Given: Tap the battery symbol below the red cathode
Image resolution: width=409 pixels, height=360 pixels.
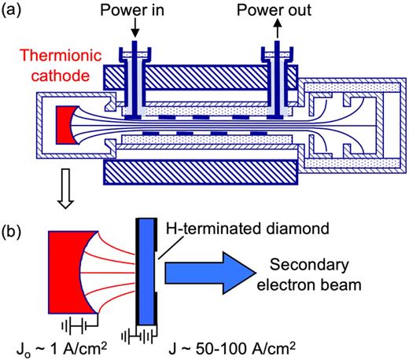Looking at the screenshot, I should (x=76, y=322).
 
